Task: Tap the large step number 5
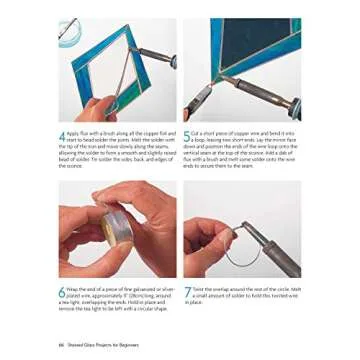pos(188,134)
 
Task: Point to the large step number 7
pos(187,292)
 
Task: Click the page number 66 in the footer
pos(62,345)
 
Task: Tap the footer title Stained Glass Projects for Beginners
pos(99,345)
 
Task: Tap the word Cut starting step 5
pos(197,131)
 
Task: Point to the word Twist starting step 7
pos(199,289)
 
